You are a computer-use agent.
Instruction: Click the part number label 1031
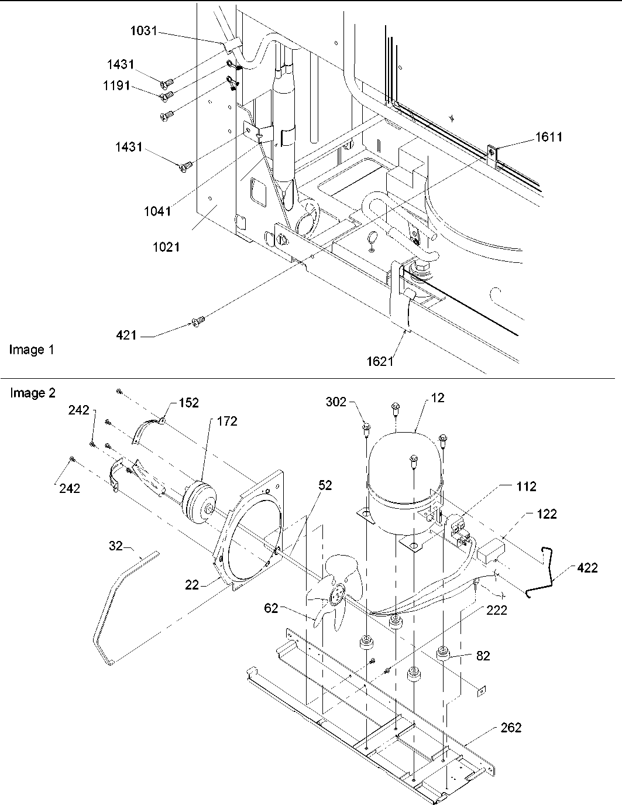[x=143, y=31]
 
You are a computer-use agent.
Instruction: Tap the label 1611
[x=548, y=137]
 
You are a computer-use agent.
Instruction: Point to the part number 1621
[x=380, y=361]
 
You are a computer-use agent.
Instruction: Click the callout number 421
[x=126, y=335]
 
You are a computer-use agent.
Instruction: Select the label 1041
[x=157, y=211]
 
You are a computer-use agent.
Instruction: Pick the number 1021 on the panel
[x=166, y=247]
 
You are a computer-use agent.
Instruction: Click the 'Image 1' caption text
[x=32, y=350]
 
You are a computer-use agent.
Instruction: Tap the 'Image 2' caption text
[x=32, y=393]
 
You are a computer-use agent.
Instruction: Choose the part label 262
[x=510, y=728]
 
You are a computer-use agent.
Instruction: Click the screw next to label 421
[x=197, y=320]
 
